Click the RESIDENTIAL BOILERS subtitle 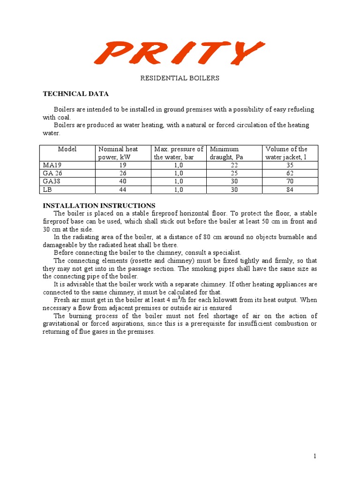pos(180,78)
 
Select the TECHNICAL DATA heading pos(75,94)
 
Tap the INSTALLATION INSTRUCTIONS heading pos(99,205)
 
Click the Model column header pos(67,149)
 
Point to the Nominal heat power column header pos(118,153)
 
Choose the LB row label pos(46,189)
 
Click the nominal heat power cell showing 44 pos(123,189)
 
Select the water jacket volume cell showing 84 pos(290,189)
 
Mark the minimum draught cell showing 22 pos(234,165)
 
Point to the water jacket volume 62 pos(290,173)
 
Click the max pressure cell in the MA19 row pos(179,165)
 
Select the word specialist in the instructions pos(227,253)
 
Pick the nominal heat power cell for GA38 pos(123,181)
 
